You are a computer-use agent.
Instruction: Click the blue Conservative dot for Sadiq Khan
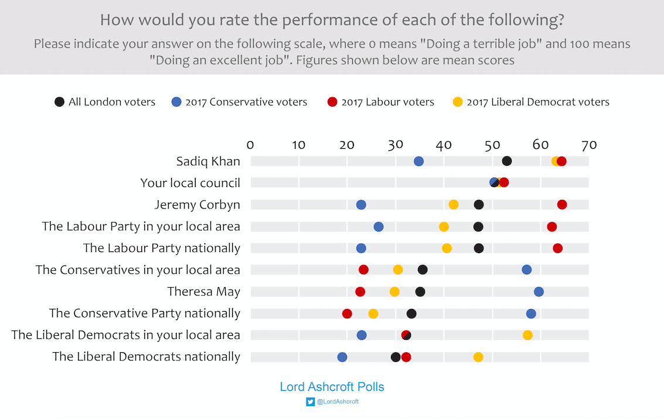point(418,161)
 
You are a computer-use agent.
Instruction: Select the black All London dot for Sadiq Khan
point(507,161)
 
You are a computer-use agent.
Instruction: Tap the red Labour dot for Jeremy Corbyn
point(562,205)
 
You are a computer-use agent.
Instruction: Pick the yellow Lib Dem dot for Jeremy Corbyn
point(454,205)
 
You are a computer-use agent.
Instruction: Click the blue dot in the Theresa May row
point(539,292)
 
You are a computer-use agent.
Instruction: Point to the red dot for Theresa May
point(360,292)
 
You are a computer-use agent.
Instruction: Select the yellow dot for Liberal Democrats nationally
point(478,357)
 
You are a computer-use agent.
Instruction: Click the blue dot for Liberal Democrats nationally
point(342,357)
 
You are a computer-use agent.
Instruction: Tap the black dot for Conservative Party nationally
point(411,314)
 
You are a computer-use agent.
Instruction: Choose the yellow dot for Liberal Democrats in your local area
point(527,335)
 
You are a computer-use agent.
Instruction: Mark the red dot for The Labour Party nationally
point(557,248)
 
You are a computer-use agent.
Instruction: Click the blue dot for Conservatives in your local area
point(527,270)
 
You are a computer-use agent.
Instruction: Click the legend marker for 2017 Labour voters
point(332,102)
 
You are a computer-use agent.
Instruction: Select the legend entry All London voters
point(111,102)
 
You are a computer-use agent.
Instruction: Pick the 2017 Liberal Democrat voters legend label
point(538,102)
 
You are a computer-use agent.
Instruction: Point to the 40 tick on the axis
point(444,145)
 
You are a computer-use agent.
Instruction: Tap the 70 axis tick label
point(588,145)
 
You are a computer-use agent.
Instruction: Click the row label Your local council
point(190,183)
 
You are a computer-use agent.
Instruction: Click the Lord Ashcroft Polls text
point(332,387)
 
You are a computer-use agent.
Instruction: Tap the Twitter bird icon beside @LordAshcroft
point(310,402)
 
